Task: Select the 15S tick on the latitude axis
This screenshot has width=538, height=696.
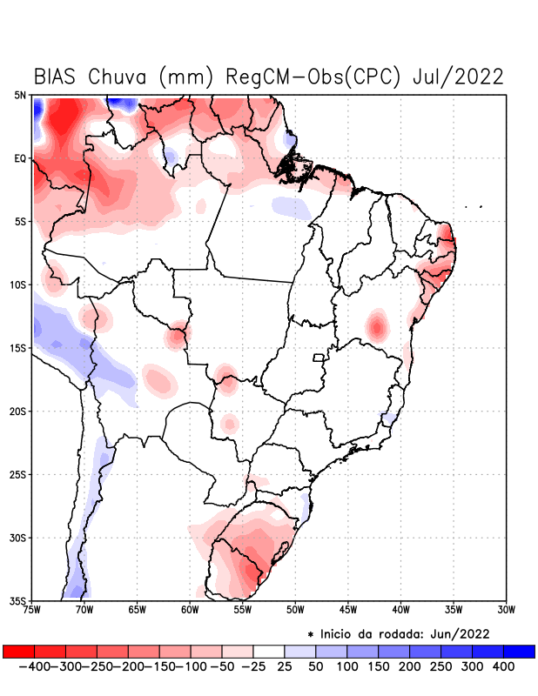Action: click(19, 348)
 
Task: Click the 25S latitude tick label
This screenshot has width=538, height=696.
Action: click(19, 475)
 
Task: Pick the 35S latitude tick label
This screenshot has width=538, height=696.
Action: click(19, 600)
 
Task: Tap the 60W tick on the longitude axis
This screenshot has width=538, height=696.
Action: click(189, 609)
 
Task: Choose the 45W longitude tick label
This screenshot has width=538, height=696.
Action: click(347, 609)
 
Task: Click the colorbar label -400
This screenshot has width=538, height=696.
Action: click(34, 666)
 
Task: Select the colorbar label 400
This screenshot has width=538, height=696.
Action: click(504, 666)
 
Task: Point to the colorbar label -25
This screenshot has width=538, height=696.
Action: click(253, 666)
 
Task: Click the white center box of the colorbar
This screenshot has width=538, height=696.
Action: click(269, 652)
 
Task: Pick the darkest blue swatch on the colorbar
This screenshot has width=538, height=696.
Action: click(519, 652)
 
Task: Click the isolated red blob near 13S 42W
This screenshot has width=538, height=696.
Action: click(377, 325)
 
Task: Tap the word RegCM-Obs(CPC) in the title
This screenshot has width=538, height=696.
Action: click(314, 77)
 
